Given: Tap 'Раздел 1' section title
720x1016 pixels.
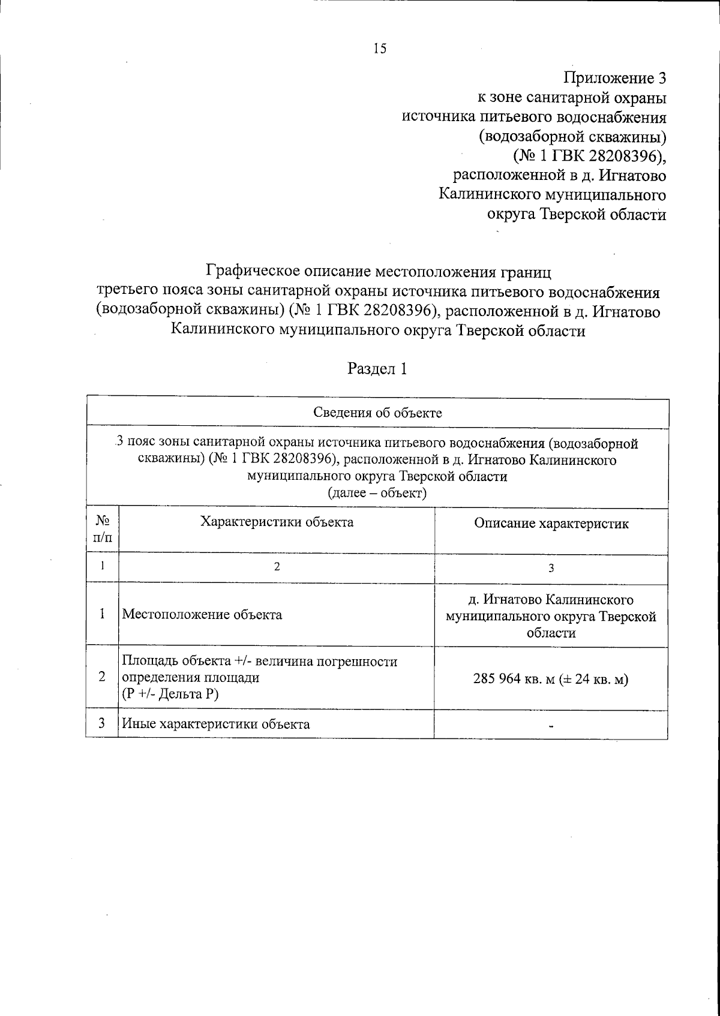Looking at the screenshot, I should (378, 369).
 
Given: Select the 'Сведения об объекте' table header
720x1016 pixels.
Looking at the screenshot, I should (378, 413).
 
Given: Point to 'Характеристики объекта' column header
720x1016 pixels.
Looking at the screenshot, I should (277, 522).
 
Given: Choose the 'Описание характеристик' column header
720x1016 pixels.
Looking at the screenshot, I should (551, 524).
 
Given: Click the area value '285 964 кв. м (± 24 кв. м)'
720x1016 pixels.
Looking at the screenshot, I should (551, 680).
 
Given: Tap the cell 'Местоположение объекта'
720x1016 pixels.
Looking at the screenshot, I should (202, 615).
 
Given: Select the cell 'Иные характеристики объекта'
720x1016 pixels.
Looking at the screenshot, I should (216, 724).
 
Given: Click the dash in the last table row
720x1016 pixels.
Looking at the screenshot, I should (551, 726).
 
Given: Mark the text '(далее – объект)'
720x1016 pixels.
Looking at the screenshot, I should (377, 494).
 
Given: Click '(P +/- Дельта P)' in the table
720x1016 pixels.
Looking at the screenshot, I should (170, 695).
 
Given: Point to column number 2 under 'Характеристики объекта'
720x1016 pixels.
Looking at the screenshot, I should (277, 567).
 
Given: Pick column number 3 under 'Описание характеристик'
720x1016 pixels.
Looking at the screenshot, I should (551, 569).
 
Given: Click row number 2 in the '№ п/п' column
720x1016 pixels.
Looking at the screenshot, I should (103, 677).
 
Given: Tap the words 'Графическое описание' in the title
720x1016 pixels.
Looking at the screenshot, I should (288, 271).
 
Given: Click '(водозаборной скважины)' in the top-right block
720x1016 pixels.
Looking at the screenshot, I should (572, 137).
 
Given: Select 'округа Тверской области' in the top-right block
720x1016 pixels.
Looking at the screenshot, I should (576, 215).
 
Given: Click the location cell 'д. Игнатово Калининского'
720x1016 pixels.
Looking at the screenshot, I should (551, 600).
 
